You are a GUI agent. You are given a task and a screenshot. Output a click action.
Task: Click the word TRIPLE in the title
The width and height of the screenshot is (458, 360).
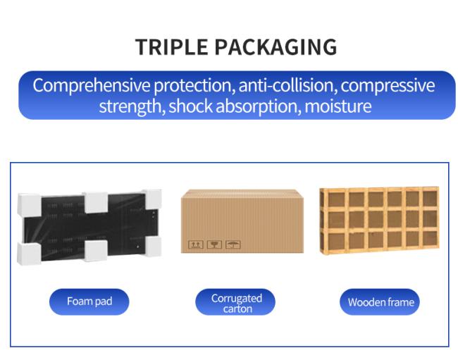coord(171,46)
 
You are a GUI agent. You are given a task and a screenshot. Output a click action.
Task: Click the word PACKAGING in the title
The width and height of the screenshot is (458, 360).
coord(276,46)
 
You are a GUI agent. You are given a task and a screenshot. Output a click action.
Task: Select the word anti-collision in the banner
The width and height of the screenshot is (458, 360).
coord(286,85)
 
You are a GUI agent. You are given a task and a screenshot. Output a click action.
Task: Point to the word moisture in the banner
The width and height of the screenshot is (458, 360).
coord(338,106)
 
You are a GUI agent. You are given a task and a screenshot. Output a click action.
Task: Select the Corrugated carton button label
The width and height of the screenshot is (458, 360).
coord(237,304)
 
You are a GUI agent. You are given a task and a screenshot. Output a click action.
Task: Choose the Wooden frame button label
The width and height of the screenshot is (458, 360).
coord(381,302)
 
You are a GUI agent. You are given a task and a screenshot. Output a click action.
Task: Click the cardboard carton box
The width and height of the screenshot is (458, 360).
coord(242,221)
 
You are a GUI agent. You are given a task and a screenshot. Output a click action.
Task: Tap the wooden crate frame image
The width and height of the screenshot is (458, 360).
coord(379,220)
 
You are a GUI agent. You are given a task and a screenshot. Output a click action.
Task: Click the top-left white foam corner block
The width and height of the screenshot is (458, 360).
coord(29,204)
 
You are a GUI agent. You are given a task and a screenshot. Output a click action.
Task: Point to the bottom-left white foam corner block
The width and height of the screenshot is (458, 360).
coord(29,254)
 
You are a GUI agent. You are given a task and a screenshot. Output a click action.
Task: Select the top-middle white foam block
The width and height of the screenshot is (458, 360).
coord(96,202)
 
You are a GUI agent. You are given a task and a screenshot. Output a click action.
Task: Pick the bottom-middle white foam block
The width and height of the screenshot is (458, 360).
coord(95,251)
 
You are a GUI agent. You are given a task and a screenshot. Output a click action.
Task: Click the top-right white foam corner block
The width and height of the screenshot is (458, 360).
coord(152,199)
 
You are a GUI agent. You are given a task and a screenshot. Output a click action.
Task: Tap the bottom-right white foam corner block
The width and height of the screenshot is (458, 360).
coord(153,247)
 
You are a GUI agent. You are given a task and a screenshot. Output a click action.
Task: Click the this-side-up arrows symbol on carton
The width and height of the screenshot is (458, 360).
coord(195,244)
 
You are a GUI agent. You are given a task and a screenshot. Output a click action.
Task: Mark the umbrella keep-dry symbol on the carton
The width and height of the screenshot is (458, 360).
coord(233,244)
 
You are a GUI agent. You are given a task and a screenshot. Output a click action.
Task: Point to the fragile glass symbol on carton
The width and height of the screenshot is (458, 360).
coord(214,244)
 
